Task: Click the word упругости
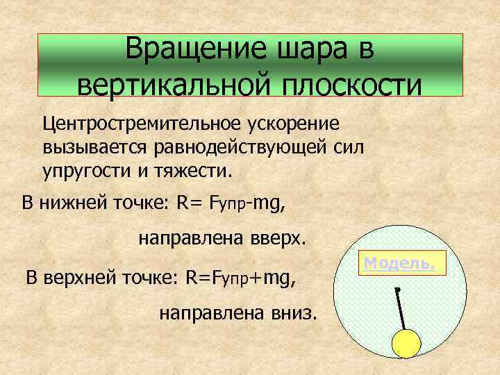(x=86, y=170)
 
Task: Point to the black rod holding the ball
(x=401, y=309)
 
